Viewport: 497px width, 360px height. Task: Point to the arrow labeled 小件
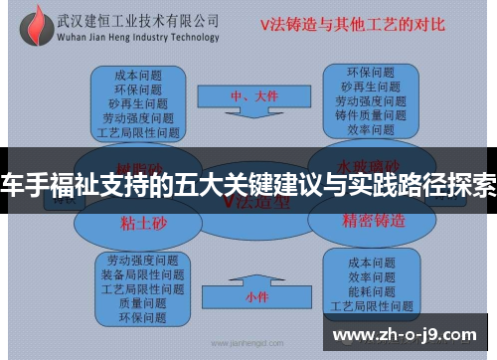256,296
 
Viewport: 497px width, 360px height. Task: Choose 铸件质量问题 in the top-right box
370,114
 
